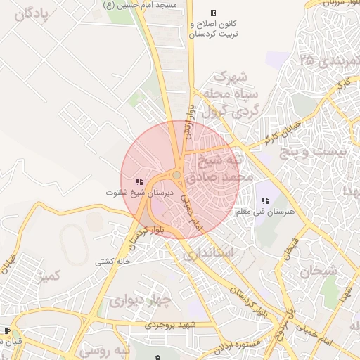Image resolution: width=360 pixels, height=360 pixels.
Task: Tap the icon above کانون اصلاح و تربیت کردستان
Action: [x=214, y=13]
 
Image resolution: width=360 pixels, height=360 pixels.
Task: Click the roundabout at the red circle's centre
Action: [x=177, y=176]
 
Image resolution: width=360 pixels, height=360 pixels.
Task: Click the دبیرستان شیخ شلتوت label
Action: [x=139, y=192]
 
